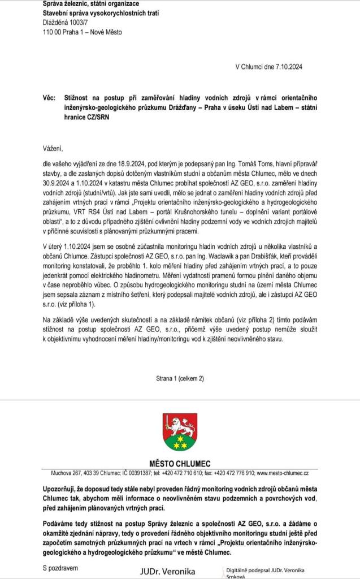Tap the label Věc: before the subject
[50, 98]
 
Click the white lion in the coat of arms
[180, 424]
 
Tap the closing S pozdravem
[62, 565]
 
